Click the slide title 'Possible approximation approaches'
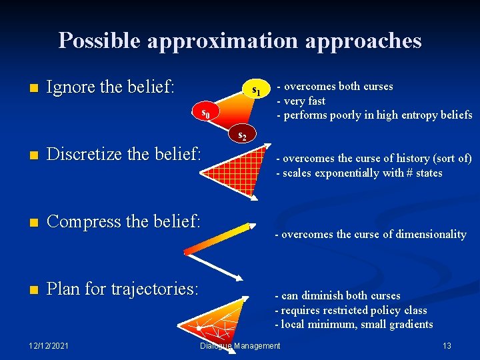pos(240,41)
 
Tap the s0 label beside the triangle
pos(207,113)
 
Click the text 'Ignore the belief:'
pos(111,87)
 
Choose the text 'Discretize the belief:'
pos(123,154)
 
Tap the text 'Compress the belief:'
pos(123,221)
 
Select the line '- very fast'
pos(301,101)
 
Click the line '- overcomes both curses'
pos(335,86)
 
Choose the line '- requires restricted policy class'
pos(351,310)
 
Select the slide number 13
pos(447,345)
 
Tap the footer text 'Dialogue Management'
pos(240,345)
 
